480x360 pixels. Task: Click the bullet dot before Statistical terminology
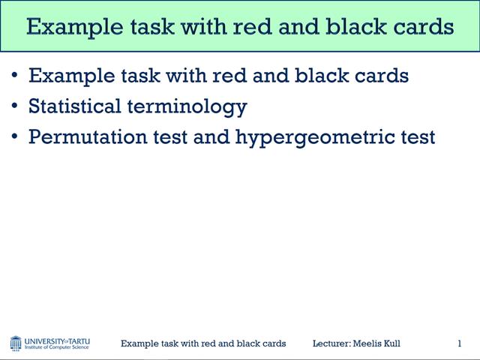(x=16, y=106)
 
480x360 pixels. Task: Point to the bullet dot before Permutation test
(x=16, y=137)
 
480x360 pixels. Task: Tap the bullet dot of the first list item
(x=16, y=75)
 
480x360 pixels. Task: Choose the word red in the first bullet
(x=239, y=75)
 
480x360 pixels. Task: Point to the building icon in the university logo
(x=16, y=343)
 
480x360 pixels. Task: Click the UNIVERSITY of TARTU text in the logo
(x=57, y=340)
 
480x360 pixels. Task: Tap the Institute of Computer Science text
(x=57, y=348)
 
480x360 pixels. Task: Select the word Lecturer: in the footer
(x=332, y=343)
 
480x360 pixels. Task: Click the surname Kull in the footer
(x=391, y=343)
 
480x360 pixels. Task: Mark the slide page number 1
(x=459, y=343)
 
